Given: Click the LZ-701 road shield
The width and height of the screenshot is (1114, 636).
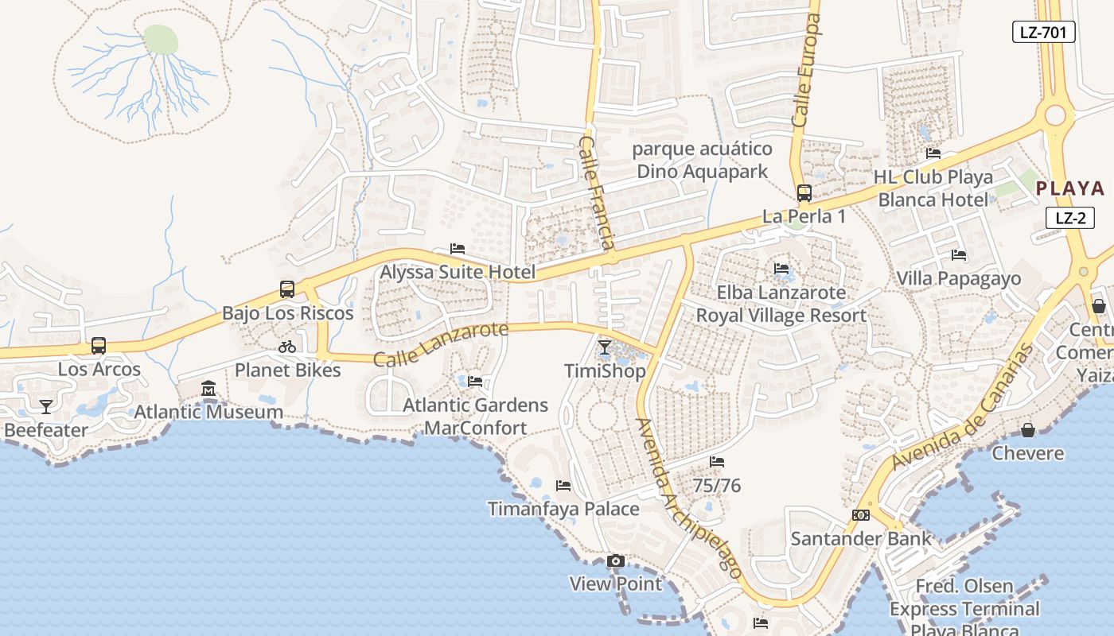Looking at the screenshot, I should point(1044,32).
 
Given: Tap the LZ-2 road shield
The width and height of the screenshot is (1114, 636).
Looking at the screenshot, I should point(1070,218).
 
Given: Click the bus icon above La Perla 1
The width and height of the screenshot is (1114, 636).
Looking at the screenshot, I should point(804,192).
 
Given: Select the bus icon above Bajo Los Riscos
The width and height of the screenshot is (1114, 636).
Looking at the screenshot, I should point(287,289).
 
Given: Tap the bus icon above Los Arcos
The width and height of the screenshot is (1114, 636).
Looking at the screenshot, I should point(99,346).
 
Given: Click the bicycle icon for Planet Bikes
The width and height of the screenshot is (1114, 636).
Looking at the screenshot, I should point(287,347).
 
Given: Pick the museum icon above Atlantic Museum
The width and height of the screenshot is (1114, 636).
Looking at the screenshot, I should point(208,389).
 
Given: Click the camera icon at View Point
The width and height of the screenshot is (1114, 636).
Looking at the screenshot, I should point(615,561).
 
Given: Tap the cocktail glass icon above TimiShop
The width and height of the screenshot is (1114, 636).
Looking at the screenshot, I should point(605,347).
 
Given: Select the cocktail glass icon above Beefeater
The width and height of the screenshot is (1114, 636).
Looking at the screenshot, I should point(46,407).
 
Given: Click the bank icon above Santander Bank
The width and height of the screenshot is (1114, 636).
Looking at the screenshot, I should point(860,515).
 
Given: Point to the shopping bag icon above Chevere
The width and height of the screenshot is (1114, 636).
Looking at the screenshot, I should point(1028,430).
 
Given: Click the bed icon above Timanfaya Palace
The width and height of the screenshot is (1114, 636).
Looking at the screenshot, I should point(563,485).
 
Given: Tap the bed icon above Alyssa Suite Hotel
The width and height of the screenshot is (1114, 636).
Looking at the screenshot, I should point(458,249).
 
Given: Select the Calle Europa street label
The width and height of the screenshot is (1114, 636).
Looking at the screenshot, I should point(806,70).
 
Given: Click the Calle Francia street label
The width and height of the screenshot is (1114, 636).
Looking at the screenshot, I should point(596,192).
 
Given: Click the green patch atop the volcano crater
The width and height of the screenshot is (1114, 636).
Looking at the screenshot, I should point(161,39).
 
